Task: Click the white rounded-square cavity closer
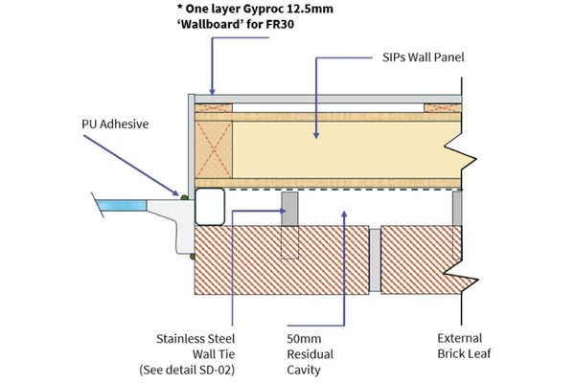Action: coord(210,205)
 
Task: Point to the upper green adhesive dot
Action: coord(185,197)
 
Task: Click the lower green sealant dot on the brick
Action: coord(192,256)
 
